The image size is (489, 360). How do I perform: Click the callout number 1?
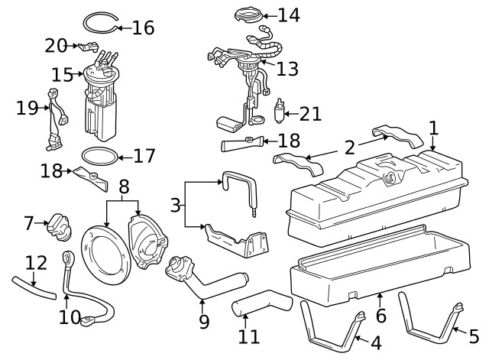click(x=433, y=128)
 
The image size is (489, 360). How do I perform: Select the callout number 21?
click(x=310, y=115)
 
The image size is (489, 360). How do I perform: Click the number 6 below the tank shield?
click(x=381, y=314)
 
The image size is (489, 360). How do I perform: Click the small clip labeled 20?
click(x=85, y=47)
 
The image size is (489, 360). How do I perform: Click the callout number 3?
click(x=176, y=205)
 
